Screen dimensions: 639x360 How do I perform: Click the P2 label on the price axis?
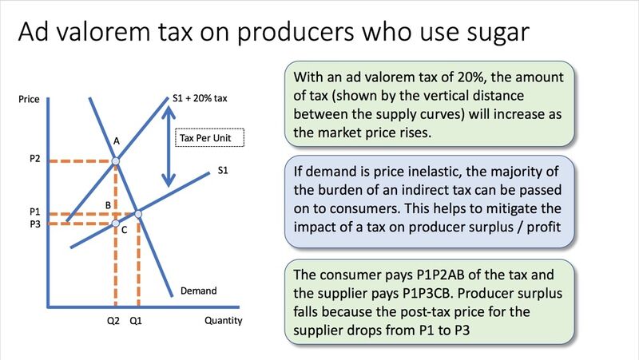35,158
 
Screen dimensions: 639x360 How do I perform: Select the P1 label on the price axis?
35,212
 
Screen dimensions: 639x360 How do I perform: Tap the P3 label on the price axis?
35,224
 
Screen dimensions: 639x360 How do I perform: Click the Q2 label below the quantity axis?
113,321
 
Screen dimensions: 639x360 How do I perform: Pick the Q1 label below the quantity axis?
136,321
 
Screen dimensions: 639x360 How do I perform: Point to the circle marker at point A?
116,161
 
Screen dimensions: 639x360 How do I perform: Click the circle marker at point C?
116,224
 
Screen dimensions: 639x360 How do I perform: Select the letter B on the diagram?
108,205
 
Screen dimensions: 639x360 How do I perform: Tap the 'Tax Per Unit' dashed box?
209,137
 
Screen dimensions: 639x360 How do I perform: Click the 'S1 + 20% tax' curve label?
200,98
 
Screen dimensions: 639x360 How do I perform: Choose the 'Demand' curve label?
198,291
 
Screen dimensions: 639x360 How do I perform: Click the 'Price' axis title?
29,99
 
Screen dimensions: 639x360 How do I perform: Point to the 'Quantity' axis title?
224,321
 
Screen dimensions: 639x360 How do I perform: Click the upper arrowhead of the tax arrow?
169,112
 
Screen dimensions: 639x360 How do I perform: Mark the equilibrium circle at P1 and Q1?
138,214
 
